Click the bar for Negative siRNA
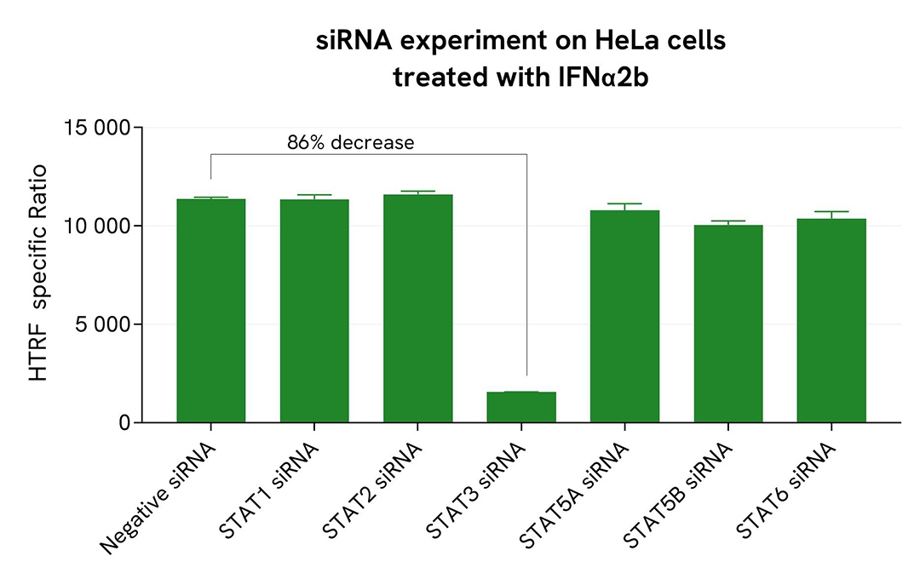(x=210, y=311)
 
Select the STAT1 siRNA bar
(x=314, y=311)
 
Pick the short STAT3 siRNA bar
(x=521, y=407)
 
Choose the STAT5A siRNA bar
(x=624, y=316)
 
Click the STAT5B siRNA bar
(x=728, y=324)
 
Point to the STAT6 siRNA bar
(x=831, y=320)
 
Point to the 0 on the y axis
(x=125, y=423)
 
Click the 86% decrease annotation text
(x=350, y=142)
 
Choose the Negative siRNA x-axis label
(x=160, y=496)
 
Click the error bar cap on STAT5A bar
(x=624, y=204)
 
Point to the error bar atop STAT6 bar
(x=831, y=212)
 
